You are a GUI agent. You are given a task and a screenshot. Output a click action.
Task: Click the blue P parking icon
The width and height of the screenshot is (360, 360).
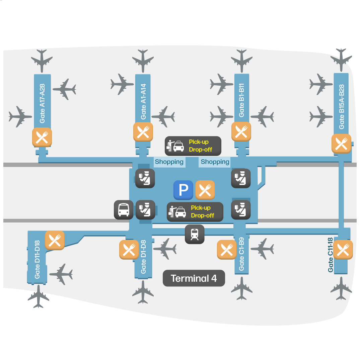(x=183, y=190)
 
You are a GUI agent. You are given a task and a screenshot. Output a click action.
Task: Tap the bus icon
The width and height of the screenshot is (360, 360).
(x=124, y=210)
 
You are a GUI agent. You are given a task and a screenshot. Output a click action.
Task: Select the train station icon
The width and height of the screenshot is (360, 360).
(x=195, y=234)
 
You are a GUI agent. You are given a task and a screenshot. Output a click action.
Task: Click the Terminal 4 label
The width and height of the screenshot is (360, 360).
(x=194, y=278)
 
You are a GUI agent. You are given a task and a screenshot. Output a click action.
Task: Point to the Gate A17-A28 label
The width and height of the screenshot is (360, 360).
(x=42, y=103)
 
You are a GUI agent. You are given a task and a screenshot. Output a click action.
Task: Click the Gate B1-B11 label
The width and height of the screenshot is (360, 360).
(x=242, y=100)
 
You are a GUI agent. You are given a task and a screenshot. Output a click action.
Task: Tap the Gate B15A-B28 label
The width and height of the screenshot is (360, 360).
(x=342, y=106)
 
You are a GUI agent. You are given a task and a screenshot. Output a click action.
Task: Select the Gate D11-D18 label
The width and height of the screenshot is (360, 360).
(x=37, y=260)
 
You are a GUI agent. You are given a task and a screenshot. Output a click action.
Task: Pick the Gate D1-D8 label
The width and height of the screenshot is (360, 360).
(x=143, y=257)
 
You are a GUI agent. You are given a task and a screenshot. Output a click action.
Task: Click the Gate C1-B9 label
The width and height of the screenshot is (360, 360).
(x=242, y=254)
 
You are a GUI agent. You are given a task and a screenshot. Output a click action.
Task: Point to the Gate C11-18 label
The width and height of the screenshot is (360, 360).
(x=331, y=255)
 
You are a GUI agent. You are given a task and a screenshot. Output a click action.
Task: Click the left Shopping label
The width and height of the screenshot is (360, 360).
(x=169, y=162)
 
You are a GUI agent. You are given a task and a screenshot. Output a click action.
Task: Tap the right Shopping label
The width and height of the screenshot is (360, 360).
(x=215, y=162)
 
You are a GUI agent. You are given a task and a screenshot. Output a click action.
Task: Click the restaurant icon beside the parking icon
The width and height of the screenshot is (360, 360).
(x=205, y=190)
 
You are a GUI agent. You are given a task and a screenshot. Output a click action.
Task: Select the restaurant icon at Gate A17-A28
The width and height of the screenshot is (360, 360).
(x=42, y=137)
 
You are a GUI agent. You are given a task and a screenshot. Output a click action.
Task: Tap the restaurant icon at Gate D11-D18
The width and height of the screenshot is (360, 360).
(x=55, y=240)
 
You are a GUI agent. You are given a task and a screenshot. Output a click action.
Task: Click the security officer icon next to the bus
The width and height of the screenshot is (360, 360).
(x=145, y=210)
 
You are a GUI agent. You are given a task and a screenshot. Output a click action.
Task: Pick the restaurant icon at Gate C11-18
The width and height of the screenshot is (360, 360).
(x=343, y=249)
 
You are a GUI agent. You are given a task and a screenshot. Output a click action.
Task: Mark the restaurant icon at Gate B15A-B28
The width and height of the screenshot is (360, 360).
(x=341, y=144)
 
